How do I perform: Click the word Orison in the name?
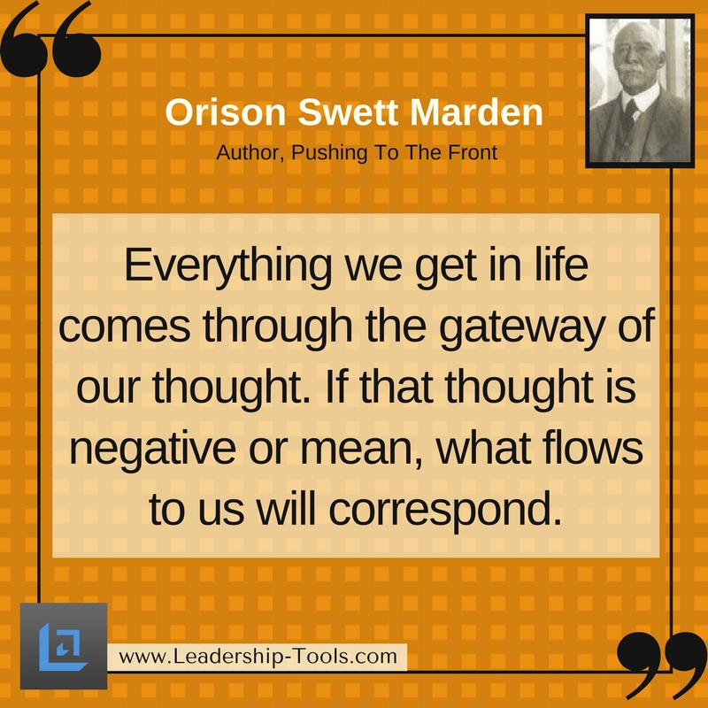[226, 112]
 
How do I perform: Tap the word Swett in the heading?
[348, 112]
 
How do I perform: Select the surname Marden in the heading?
[476, 112]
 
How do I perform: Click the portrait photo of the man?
[640, 91]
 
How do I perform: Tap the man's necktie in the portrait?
[629, 114]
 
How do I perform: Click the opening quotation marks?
[50, 41]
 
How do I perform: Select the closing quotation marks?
[662, 665]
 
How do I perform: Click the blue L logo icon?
[61, 646]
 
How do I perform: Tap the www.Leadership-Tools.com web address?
[258, 657]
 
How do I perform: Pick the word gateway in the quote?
[521, 327]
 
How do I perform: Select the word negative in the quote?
[152, 450]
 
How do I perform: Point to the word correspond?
[446, 512]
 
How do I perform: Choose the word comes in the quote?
[124, 327]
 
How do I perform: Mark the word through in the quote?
[278, 327]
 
